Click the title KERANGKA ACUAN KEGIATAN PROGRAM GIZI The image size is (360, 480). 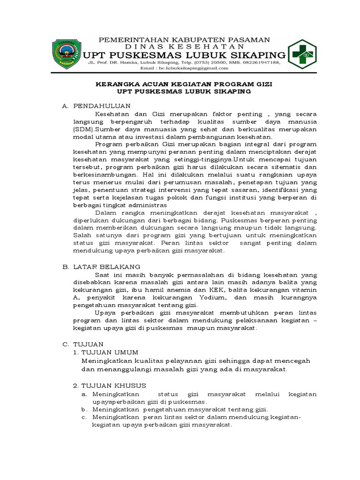(x=184, y=85)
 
